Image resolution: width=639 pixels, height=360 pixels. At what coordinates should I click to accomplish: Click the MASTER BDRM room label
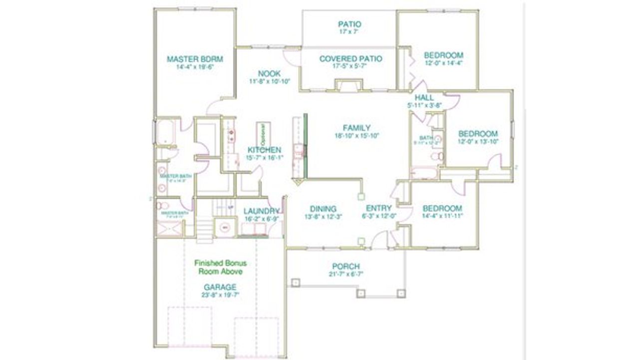(195, 59)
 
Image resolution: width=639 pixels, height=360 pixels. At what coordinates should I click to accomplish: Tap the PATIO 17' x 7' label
(349, 24)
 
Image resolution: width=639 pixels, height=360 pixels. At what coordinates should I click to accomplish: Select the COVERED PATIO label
(350, 59)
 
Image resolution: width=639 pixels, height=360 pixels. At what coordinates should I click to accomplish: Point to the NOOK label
(269, 73)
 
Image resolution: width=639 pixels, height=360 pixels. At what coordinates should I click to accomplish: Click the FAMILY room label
(356, 128)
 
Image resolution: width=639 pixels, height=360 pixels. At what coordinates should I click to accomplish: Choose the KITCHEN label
(264, 150)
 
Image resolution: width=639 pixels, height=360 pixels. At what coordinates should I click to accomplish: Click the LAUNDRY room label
(261, 211)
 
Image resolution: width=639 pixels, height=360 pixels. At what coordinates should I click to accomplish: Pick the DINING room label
(323, 209)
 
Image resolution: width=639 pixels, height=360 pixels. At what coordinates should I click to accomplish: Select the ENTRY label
(379, 208)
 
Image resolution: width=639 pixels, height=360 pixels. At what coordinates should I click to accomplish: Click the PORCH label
(346, 267)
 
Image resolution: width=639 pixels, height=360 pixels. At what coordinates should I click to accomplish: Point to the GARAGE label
(220, 287)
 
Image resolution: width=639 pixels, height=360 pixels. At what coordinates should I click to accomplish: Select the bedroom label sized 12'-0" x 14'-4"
(443, 55)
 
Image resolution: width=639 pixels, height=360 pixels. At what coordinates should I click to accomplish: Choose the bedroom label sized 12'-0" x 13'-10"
(478, 134)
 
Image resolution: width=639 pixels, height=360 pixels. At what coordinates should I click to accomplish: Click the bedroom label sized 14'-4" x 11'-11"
(442, 208)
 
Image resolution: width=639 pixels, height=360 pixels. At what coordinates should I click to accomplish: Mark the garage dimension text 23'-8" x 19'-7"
(220, 295)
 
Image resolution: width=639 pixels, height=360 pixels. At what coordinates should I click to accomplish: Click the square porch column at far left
(295, 282)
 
